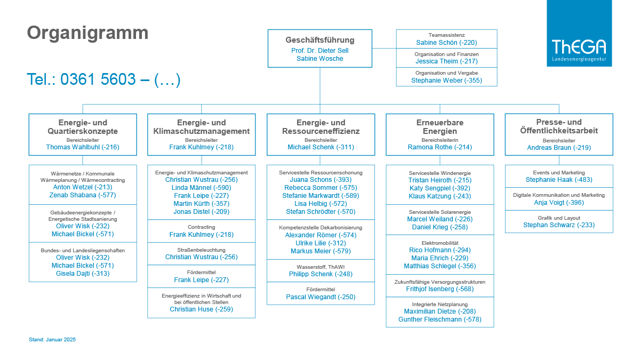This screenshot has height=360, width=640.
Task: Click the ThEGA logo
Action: (579, 33)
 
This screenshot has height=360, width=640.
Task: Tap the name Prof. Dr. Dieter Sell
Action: (319, 51)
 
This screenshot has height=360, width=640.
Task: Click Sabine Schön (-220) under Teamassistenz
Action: (446, 43)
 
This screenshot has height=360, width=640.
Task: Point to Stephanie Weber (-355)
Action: (446, 81)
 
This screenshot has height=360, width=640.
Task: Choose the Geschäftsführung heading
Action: (319, 40)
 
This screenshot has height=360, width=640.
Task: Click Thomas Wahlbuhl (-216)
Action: (83, 147)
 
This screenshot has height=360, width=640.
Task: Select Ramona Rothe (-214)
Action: (439, 147)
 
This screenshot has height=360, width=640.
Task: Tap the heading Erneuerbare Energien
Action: (439, 127)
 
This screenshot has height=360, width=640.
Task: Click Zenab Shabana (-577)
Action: (83, 195)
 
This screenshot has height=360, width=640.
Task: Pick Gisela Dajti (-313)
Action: (83, 274)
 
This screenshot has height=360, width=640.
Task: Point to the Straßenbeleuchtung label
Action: (202, 250)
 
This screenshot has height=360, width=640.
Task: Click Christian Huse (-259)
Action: (202, 309)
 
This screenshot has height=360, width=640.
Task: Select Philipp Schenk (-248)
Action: (321, 274)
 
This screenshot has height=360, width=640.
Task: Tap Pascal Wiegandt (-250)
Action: (321, 297)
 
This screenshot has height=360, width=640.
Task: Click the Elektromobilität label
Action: (439, 243)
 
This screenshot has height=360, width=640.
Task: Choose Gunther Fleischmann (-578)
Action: (439, 319)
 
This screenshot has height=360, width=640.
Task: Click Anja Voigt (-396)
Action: (559, 203)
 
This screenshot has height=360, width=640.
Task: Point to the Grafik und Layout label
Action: (559, 218)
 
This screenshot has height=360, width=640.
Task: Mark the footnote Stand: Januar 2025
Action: (52, 340)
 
